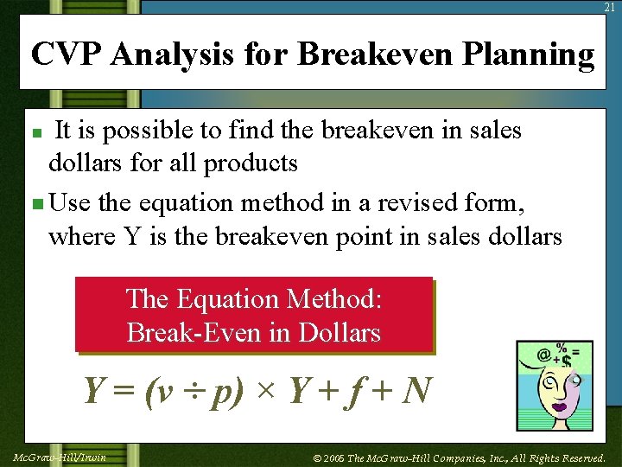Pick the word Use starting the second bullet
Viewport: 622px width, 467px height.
tap(70, 203)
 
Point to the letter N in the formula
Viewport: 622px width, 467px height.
tap(416, 391)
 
